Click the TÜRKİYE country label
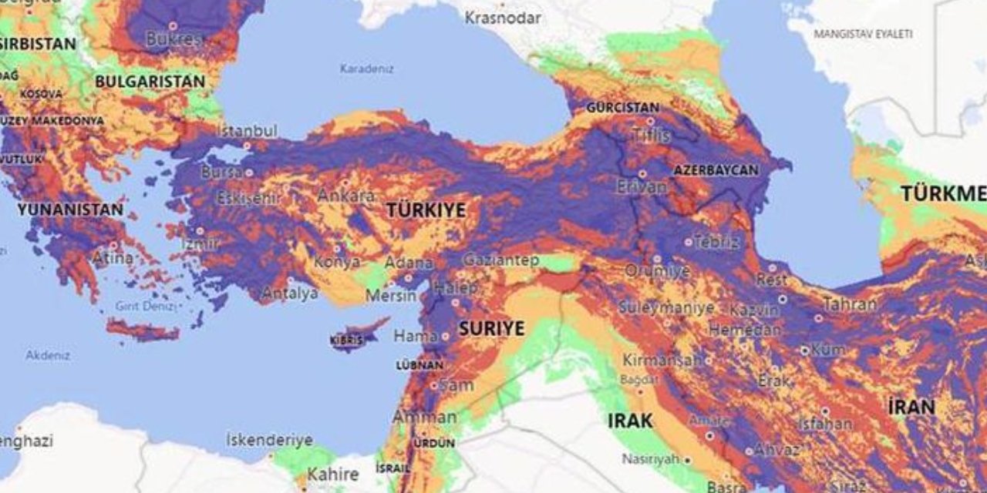[426, 210]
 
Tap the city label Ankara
[346, 196]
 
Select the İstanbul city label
[246, 131]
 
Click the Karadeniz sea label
[367, 69]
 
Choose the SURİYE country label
[491, 328]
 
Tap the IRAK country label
[630, 421]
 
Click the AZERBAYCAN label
[716, 169]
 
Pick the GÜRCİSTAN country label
[623, 108]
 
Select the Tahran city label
[850, 304]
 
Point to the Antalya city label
[290, 293]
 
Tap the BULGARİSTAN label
[150, 81]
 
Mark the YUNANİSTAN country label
[70, 210]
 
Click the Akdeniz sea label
[48, 355]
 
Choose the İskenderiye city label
[269, 440]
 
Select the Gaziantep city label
[500, 260]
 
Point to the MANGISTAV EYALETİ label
[864, 34]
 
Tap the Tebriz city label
[716, 242]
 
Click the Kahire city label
[333, 474]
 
